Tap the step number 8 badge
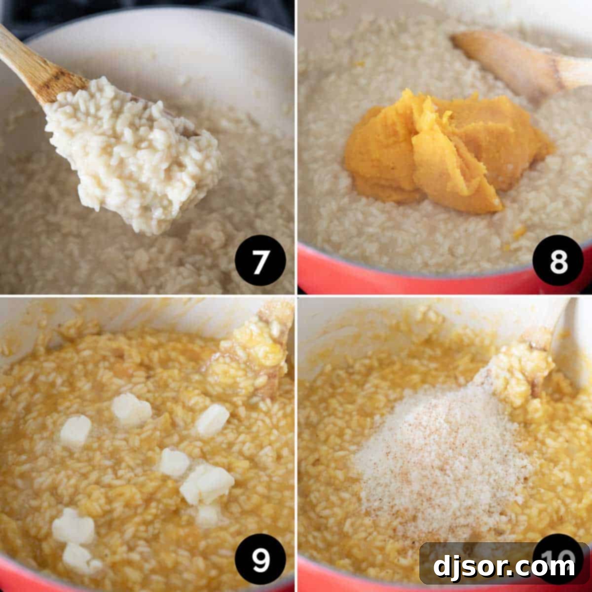[558, 262]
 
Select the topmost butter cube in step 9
[131, 408]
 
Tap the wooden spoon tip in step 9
[261, 345]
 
